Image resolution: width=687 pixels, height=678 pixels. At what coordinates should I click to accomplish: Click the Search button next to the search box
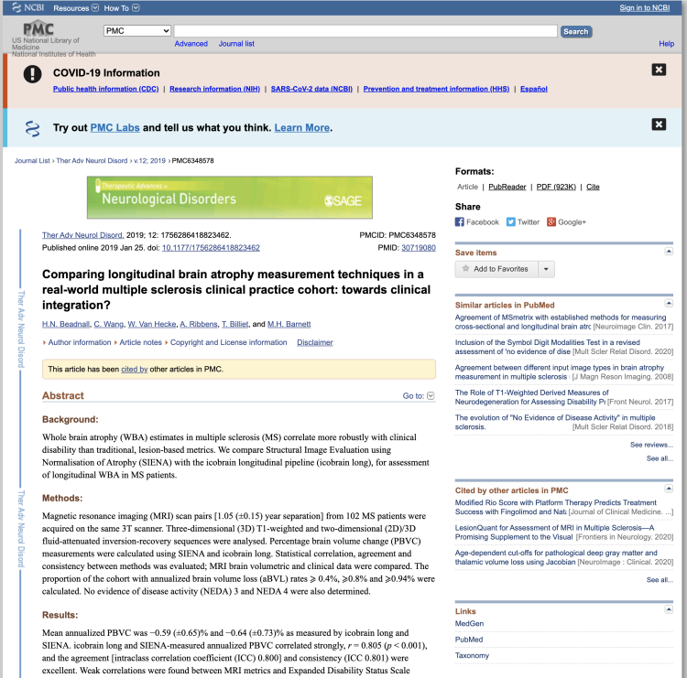click(x=575, y=31)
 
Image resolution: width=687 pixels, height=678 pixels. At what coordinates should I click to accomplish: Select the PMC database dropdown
click(x=136, y=31)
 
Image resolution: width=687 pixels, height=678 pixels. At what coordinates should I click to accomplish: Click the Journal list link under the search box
click(x=236, y=44)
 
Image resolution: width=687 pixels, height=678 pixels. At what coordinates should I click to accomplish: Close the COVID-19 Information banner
click(x=659, y=70)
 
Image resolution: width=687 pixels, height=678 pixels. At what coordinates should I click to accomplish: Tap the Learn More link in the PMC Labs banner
click(x=302, y=128)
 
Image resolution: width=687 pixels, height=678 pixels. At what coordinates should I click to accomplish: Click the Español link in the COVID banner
click(x=534, y=89)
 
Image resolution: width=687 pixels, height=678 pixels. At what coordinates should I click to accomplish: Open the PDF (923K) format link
click(x=556, y=187)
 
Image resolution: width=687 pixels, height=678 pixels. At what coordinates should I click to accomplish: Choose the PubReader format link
click(x=507, y=187)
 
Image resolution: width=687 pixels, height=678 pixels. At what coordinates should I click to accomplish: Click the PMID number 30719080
click(x=419, y=248)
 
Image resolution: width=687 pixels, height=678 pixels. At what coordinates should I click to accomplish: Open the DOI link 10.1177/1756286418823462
click(x=212, y=248)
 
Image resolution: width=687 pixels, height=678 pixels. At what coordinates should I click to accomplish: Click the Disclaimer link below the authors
click(x=314, y=342)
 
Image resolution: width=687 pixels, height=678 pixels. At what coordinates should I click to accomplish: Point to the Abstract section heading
click(x=63, y=396)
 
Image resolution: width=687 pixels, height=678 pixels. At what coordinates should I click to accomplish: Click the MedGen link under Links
click(x=469, y=626)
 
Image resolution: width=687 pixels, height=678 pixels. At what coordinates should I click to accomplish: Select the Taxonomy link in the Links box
click(x=473, y=655)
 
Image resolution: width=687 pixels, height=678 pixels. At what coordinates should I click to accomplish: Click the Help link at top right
click(x=666, y=44)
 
